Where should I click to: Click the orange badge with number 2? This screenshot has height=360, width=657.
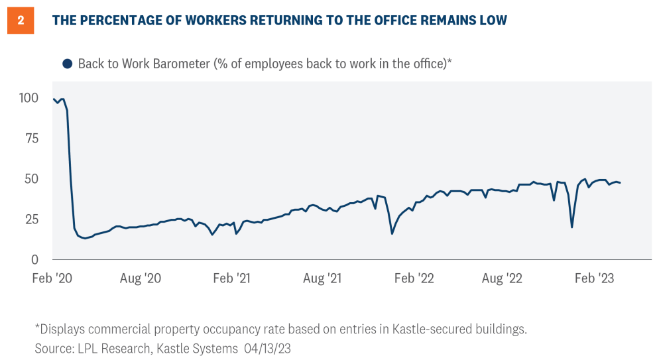click(x=21, y=21)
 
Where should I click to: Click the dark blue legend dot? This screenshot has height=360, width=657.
click(x=67, y=64)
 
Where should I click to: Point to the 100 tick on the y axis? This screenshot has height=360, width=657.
click(x=29, y=98)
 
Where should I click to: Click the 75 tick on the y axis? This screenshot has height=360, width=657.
click(x=31, y=139)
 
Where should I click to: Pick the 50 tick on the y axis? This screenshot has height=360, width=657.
click(x=31, y=179)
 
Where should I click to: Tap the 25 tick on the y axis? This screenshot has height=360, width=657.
click(x=31, y=219)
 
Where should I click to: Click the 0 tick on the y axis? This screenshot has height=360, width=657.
click(x=34, y=260)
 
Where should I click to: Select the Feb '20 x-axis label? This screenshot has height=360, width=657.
click(x=53, y=278)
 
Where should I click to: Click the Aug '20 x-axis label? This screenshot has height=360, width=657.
click(x=141, y=278)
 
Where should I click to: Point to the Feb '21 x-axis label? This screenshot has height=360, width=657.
click(x=232, y=278)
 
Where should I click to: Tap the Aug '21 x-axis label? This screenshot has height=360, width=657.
click(x=322, y=278)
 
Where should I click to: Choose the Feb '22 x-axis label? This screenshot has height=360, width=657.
click(x=414, y=278)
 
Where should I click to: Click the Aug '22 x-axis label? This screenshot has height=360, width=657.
click(x=503, y=278)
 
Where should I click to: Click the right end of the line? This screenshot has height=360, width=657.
click(x=620, y=183)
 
